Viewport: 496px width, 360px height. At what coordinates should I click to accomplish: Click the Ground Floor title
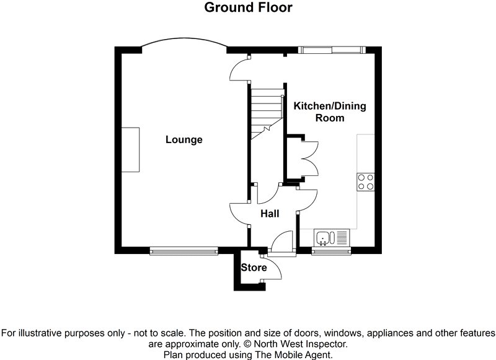click(247, 7)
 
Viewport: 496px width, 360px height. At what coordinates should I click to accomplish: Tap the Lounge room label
click(184, 139)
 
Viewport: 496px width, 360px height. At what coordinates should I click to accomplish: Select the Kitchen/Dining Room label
click(329, 112)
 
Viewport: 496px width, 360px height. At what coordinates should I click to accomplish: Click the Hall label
click(269, 214)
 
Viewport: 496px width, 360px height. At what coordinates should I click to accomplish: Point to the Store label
click(254, 268)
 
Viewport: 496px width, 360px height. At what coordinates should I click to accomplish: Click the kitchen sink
click(332, 236)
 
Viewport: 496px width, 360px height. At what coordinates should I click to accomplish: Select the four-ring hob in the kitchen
click(365, 181)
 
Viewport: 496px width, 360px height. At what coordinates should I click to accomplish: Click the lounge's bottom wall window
click(184, 251)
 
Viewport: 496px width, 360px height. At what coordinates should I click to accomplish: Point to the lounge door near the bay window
click(239, 69)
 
